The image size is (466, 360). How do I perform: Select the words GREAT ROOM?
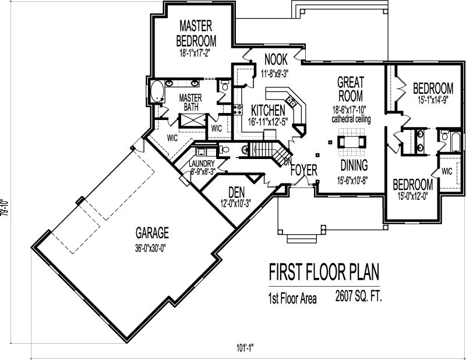(x=350, y=89)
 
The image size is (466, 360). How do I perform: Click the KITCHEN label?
(x=268, y=110)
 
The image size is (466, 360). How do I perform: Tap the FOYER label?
(x=303, y=171)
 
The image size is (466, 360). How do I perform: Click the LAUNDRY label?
(x=202, y=164)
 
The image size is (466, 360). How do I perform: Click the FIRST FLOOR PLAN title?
(x=323, y=273)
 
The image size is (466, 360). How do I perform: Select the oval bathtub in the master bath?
(x=156, y=93)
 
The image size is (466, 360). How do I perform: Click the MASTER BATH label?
(x=190, y=103)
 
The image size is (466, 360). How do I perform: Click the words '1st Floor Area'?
(x=292, y=299)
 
